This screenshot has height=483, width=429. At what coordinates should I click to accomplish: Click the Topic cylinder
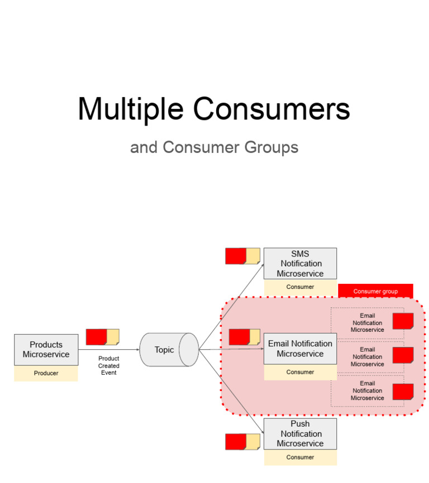[x=168, y=350]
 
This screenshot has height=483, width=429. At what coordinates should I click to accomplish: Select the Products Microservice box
[x=46, y=350]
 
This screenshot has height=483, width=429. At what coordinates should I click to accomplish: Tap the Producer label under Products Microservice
[x=46, y=373]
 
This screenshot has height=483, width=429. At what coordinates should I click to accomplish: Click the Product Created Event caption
[x=109, y=365]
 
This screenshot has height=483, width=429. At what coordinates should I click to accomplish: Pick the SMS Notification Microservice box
[x=300, y=263]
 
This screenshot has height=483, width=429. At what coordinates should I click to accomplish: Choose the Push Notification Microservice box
[x=300, y=433]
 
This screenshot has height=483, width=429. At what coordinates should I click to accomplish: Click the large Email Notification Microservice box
[x=300, y=349]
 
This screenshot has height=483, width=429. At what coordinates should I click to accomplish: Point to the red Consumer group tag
[x=375, y=291]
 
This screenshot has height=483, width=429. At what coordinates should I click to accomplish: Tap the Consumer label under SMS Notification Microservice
[x=300, y=287]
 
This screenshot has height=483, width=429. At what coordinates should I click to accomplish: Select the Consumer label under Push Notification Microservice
[x=300, y=457]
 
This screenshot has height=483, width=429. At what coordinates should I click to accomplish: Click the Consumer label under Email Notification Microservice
[x=300, y=372]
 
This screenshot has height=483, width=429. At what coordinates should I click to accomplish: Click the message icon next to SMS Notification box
[x=242, y=256]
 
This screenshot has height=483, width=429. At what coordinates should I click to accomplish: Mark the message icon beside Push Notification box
[x=242, y=442]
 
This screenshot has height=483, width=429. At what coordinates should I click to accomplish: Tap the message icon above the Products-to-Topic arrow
[x=102, y=337]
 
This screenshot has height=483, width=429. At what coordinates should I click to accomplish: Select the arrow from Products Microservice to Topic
[x=108, y=350]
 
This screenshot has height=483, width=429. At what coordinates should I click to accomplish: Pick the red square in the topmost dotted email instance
[x=403, y=321]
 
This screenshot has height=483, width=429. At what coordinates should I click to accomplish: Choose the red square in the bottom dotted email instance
[x=403, y=392]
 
